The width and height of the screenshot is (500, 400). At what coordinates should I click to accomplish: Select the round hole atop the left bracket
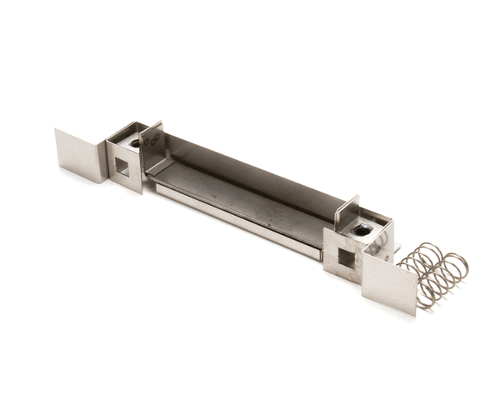click(136, 143)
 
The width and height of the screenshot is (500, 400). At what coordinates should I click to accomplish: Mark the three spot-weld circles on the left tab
click(152, 141)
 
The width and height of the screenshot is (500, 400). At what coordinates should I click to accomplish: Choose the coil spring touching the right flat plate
click(417, 275)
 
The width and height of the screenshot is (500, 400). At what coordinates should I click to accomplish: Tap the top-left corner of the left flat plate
click(56, 130)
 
